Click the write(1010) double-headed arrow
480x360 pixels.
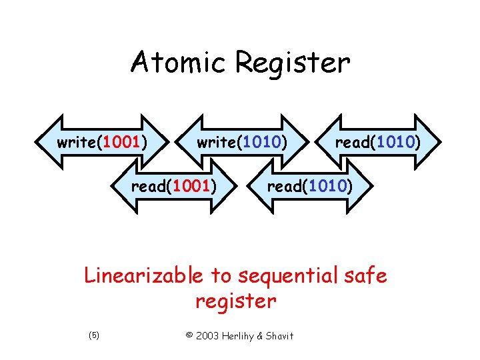242,142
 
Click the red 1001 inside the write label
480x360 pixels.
120,142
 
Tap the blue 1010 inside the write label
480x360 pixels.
265,142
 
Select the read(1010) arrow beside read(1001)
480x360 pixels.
309,186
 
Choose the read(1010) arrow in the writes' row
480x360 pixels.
377,142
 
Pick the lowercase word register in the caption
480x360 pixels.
235,301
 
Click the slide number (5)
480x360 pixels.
94,335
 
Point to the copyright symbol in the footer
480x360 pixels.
189,335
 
